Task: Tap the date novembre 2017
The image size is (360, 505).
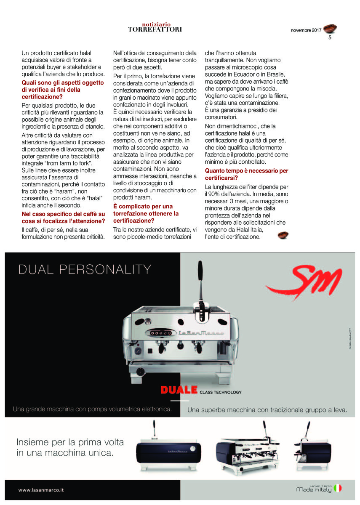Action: pos(306,30)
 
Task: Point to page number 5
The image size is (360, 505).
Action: pos(330,37)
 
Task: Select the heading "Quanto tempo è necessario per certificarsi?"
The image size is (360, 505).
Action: pos(246,174)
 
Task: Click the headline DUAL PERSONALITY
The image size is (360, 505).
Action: pos(84,269)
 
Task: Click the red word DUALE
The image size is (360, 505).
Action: pos(179,391)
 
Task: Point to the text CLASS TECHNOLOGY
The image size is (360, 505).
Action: pos(221,392)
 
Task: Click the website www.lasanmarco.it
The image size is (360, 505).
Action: pos(41,490)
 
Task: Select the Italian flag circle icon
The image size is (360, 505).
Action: pos(338,488)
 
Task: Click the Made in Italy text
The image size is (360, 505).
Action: pos(314,489)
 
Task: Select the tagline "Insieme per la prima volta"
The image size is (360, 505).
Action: pos(70,442)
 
